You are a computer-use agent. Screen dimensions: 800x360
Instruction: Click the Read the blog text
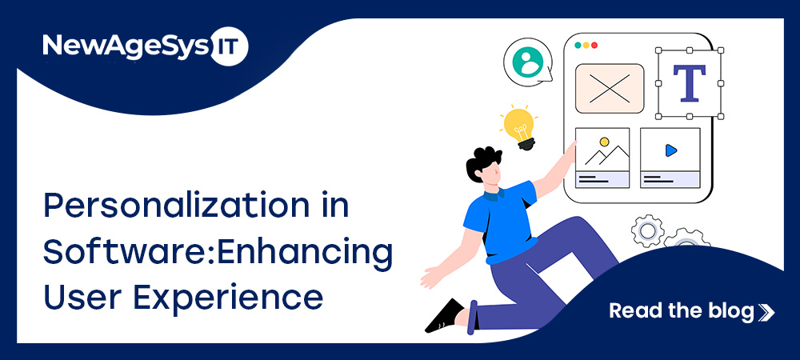pos(682,310)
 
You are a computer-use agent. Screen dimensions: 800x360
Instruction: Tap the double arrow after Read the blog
pos(766,312)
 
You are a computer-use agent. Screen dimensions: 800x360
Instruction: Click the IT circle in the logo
pos(229,46)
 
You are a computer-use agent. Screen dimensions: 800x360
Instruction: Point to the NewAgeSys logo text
pos(126,46)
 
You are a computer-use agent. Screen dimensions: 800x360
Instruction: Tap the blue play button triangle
pos(670,150)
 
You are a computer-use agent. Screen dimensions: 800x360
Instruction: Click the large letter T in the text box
pos(689,83)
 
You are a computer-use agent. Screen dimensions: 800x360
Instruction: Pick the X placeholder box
pos(610,88)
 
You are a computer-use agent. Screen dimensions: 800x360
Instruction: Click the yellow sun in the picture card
pos(605,142)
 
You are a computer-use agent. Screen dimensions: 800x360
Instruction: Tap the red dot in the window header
pos(594,46)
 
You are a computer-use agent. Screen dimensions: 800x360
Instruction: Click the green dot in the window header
pos(578,46)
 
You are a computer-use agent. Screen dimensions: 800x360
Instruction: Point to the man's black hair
pos(482,162)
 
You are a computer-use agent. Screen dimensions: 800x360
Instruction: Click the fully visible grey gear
pos(647,231)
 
